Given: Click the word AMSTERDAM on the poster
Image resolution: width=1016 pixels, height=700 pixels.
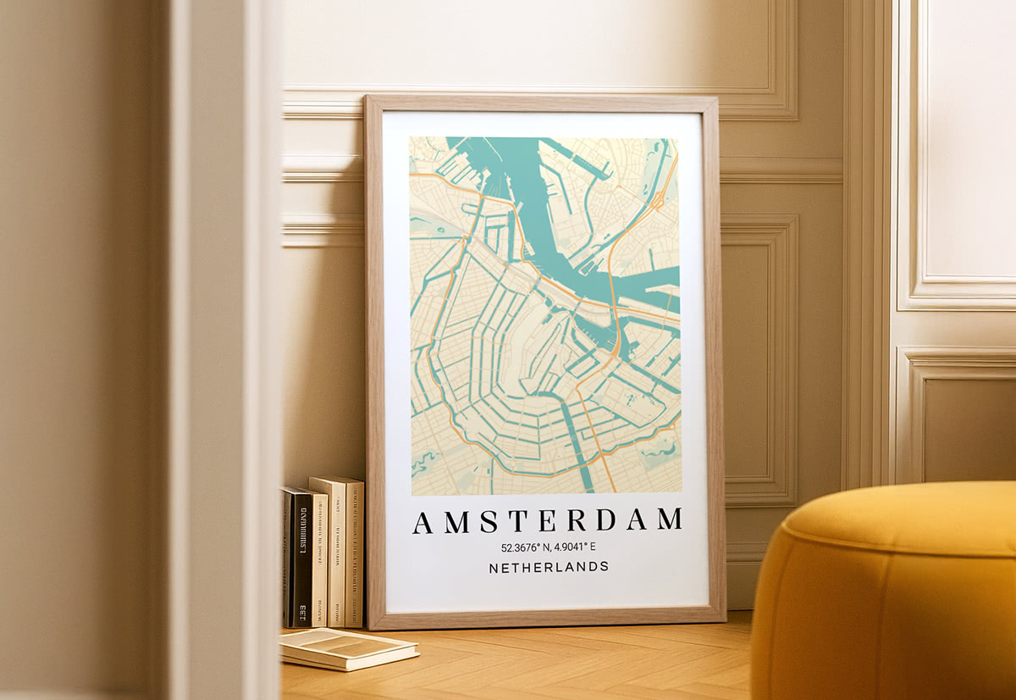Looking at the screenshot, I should (x=547, y=520).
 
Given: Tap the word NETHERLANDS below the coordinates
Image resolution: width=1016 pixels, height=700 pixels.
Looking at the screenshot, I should (x=549, y=567).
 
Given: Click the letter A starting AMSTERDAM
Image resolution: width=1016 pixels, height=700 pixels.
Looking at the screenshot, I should (x=422, y=522).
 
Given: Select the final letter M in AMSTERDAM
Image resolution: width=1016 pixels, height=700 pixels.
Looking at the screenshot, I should (x=669, y=519).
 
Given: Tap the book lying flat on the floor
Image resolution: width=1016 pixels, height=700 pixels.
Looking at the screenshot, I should (x=347, y=647).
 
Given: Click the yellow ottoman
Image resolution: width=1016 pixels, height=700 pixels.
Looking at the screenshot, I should (x=885, y=593).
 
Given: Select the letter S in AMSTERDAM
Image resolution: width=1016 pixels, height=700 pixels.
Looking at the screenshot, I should (x=489, y=521).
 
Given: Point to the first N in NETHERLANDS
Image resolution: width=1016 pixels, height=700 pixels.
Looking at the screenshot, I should (x=494, y=567).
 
